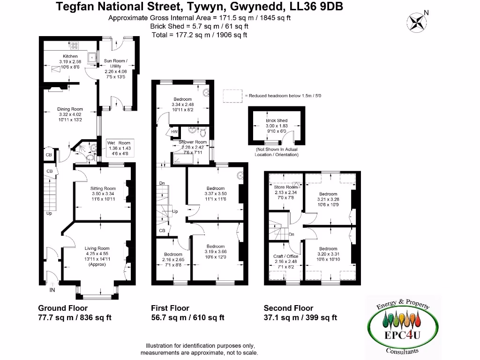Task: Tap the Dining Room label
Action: click(x=70, y=109)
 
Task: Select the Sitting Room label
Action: click(x=103, y=188)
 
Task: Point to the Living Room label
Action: click(x=97, y=248)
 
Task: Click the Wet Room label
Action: click(x=119, y=142)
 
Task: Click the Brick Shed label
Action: click(x=277, y=120)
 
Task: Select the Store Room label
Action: click(x=285, y=187)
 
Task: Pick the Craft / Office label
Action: click(x=285, y=256)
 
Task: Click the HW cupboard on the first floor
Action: click(x=174, y=132)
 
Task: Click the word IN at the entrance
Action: click(x=52, y=291)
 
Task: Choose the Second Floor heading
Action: click(x=288, y=308)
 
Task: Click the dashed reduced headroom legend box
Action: click(x=232, y=96)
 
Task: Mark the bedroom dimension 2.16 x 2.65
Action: click(x=173, y=260)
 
